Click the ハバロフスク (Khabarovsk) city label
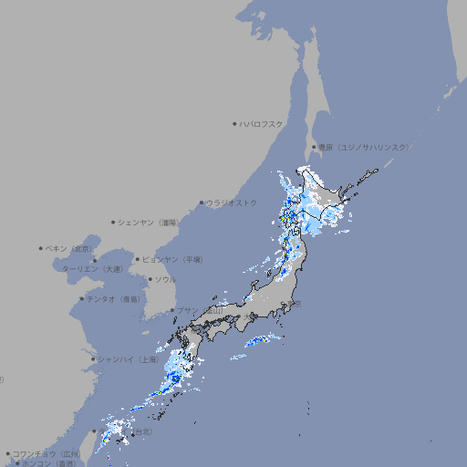pyautogui.click(x=263, y=123)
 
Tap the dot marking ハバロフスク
pyautogui.click(x=234, y=123)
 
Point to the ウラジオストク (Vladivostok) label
pyautogui.click(x=232, y=202)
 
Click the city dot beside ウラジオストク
pyautogui.click(x=202, y=202)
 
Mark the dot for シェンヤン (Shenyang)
pyautogui.click(x=114, y=222)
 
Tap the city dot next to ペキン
pyautogui.click(x=41, y=248)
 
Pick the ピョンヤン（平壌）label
pyautogui.click(x=172, y=259)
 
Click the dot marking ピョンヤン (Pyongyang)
pyautogui.click(x=138, y=259)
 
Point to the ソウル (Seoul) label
pyautogui.click(x=165, y=279)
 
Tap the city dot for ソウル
pyautogui.click(x=149, y=279)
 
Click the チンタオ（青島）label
pyautogui.click(x=114, y=298)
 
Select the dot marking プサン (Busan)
pyautogui.click(x=171, y=310)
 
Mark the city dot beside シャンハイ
pyautogui.click(x=93, y=358)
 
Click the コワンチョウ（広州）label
pyautogui.click(x=47, y=453)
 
